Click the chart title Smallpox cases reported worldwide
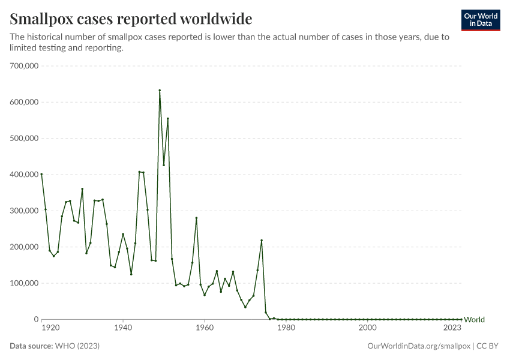tap(131, 18)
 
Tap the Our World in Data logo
tap(480, 20)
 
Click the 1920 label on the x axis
tap(50, 328)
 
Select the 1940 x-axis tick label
tap(123, 328)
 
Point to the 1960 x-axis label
tap(205, 328)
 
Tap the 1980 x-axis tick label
tap(286, 328)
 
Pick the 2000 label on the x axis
tap(367, 328)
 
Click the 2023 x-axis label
tap(452, 328)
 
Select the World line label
tap(474, 320)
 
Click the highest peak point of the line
tap(160, 90)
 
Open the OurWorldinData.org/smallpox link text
tap(418, 346)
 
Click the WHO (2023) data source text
tap(77, 346)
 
